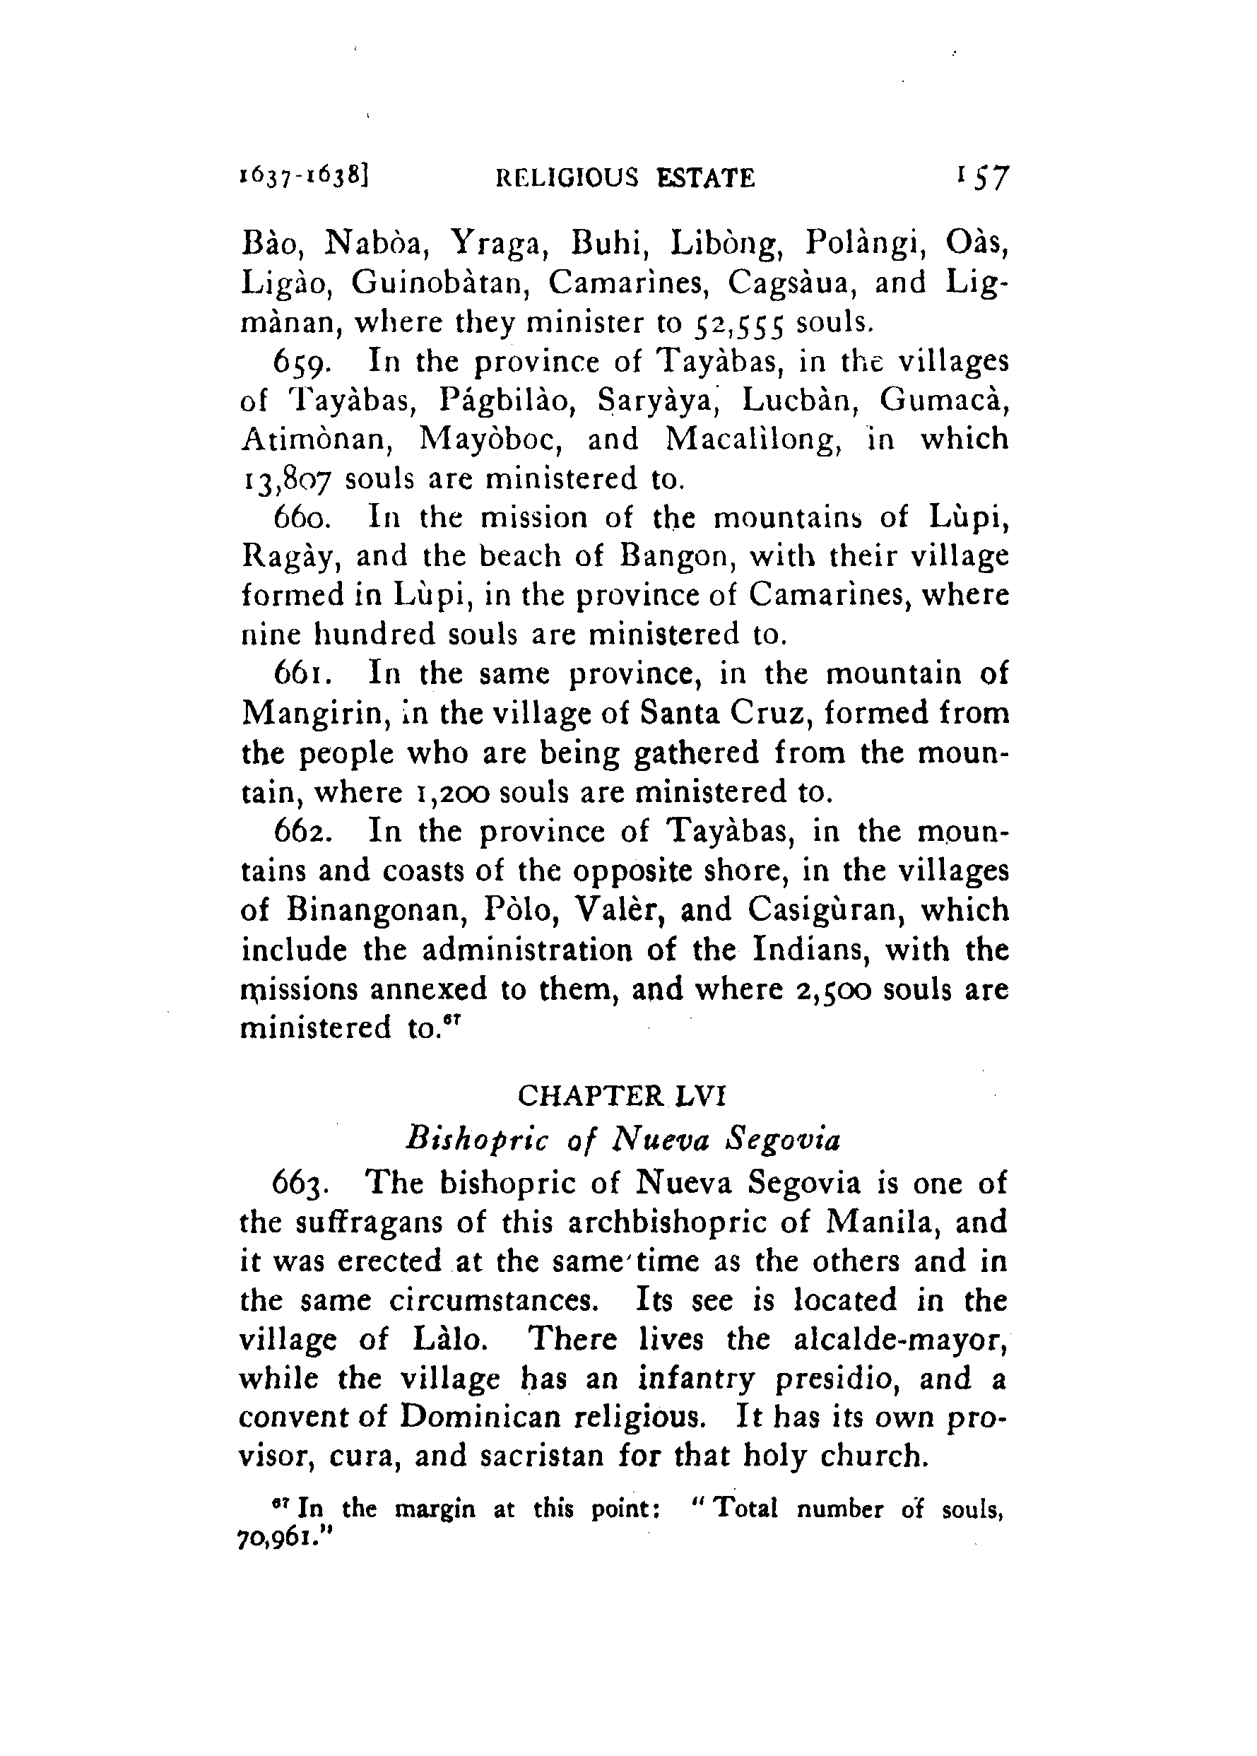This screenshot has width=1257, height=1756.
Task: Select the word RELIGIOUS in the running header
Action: [x=567, y=179]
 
